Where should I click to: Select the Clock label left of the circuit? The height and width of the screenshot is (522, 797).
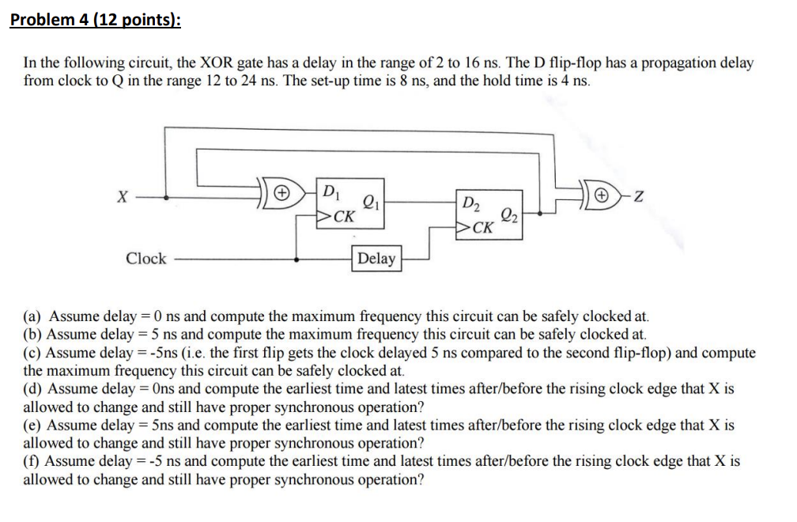[146, 259]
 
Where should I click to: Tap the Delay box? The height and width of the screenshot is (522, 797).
[376, 259]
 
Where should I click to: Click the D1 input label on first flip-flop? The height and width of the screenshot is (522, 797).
[331, 190]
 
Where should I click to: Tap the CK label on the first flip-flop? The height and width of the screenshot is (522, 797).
[342, 216]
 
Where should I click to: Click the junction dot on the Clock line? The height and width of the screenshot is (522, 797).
[297, 259]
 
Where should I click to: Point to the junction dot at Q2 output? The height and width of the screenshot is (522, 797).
[541, 213]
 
